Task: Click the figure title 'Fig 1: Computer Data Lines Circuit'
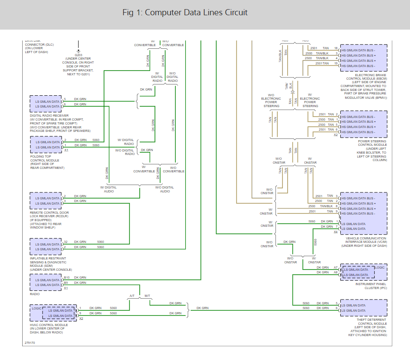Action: [185, 12]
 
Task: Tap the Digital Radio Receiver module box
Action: [46, 104]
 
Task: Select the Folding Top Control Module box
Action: [46, 145]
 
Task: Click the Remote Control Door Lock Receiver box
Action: [46, 201]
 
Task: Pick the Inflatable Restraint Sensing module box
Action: [46, 247]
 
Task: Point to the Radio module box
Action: [46, 283]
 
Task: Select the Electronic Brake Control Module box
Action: [363, 58]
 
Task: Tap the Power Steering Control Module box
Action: [363, 124]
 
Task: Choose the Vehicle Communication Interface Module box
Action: [363, 213]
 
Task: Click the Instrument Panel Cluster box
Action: [363, 272]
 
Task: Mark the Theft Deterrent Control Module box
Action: [363, 308]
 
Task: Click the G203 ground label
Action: [78, 55]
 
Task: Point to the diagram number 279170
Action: [30, 343]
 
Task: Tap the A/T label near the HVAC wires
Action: [132, 296]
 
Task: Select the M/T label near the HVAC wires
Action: [147, 296]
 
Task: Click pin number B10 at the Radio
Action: [67, 277]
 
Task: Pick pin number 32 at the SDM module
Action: [66, 242]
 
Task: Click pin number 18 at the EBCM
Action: [336, 48]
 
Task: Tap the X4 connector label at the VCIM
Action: [335, 232]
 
